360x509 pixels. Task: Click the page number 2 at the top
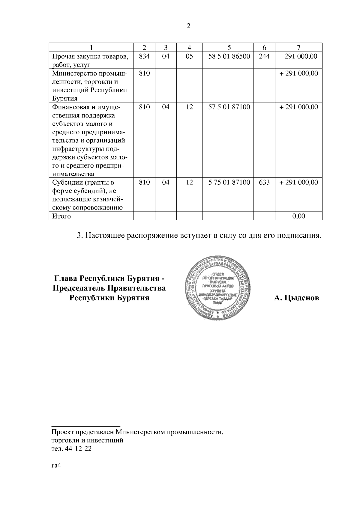(x=188, y=26)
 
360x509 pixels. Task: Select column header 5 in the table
(x=229, y=47)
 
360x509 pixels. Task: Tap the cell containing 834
(x=144, y=56)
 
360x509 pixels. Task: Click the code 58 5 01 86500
(x=229, y=56)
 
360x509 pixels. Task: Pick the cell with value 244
(x=264, y=56)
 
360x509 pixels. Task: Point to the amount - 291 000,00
(x=298, y=56)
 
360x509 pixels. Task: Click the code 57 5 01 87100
(x=229, y=107)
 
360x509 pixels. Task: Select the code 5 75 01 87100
(x=229, y=182)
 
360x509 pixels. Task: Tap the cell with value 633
(x=264, y=182)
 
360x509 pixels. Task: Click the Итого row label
(x=61, y=216)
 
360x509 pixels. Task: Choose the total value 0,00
(x=298, y=216)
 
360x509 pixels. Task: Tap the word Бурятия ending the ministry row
(x=65, y=99)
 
